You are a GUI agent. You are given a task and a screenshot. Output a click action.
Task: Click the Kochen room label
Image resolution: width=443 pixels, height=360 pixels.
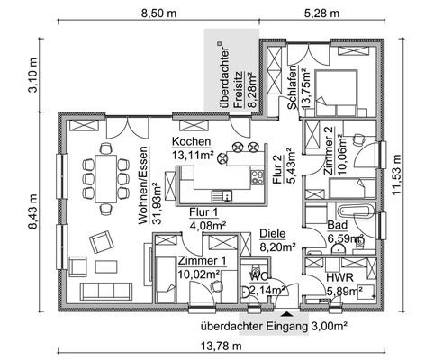192,142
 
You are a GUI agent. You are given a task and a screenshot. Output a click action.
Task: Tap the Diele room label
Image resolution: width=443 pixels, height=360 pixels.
271,231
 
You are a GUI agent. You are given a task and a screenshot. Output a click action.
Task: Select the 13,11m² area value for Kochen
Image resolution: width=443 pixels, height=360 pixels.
192,155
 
